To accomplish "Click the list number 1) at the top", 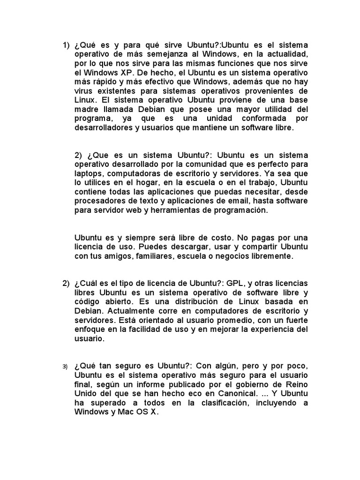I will point(66,45).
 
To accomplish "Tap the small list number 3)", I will point(66,366).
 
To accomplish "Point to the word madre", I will point(85,109).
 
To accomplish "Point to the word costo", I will point(199,238).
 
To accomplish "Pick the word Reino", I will point(297,384).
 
